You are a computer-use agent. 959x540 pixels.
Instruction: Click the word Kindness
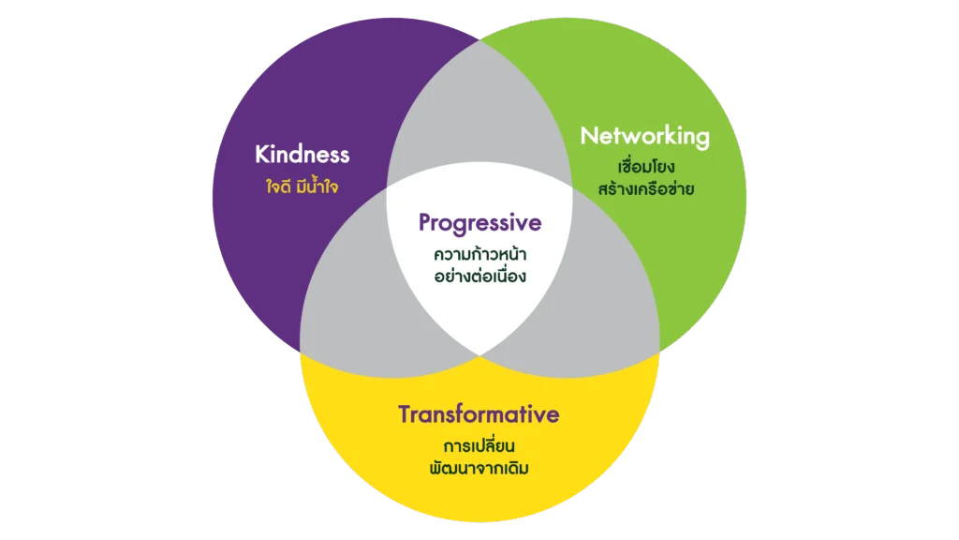pyautogui.click(x=302, y=154)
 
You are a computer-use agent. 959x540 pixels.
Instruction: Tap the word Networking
pyautogui.click(x=644, y=136)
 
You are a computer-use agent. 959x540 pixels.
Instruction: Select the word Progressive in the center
pyautogui.click(x=479, y=223)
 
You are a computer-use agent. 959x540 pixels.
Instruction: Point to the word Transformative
pyautogui.click(x=479, y=413)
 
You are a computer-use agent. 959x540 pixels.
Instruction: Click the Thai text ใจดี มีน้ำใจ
pyautogui.click(x=302, y=186)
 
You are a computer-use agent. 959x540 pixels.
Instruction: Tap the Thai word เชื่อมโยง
pyautogui.click(x=644, y=167)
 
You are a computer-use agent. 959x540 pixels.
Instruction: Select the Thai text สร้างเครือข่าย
pyautogui.click(x=644, y=189)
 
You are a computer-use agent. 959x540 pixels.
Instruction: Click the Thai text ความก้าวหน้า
pyautogui.click(x=479, y=253)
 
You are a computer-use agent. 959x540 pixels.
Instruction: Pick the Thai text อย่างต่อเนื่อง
pyautogui.click(x=479, y=277)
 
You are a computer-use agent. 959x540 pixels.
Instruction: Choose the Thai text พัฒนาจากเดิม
pyautogui.click(x=479, y=467)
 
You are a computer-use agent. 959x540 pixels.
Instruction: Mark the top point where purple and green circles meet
pyautogui.click(x=479, y=40)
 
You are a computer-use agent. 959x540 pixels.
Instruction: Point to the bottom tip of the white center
pyautogui.click(x=479, y=354)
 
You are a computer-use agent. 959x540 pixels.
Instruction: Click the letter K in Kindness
pyautogui.click(x=262, y=154)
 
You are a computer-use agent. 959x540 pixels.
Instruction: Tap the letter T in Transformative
pyautogui.click(x=406, y=413)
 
